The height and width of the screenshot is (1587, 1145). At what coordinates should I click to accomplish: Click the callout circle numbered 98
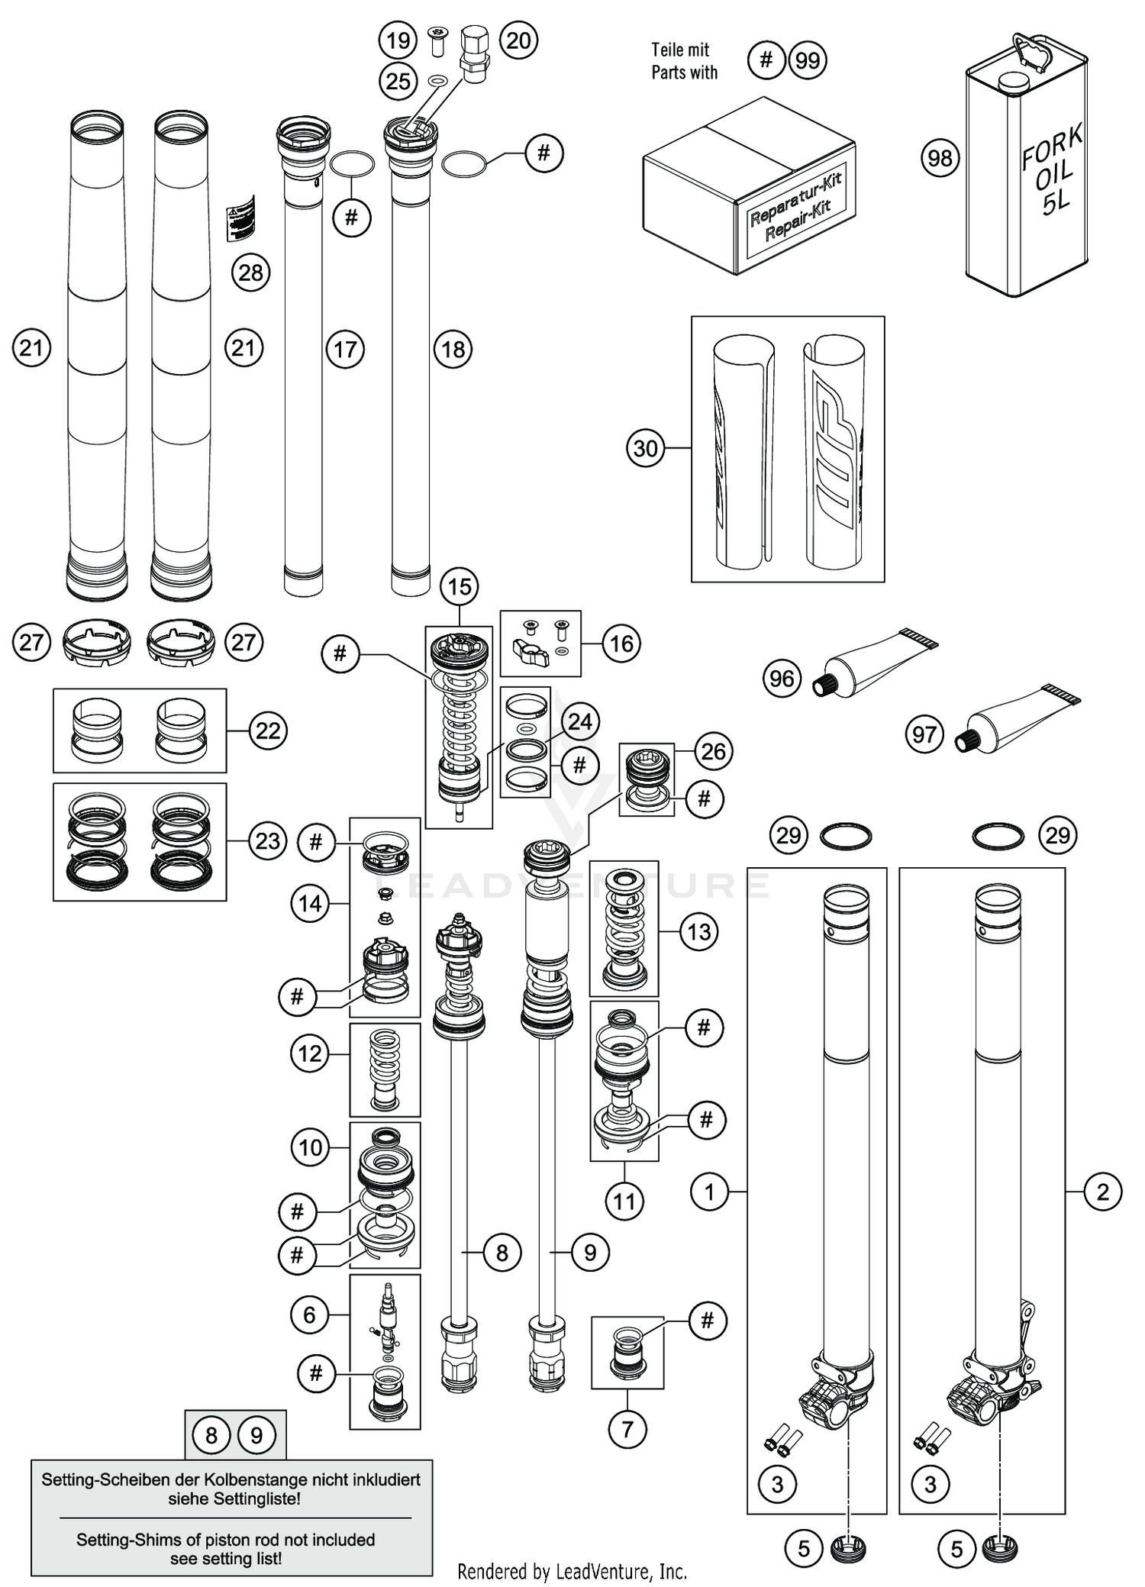coord(940,158)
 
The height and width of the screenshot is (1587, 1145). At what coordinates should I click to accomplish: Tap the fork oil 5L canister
coord(1027,168)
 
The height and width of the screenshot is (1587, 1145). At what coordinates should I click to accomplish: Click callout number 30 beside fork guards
coord(646,448)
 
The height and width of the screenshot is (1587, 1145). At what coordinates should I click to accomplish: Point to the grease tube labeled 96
coord(878,663)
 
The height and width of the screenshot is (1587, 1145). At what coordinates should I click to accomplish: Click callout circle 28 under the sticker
coord(250,273)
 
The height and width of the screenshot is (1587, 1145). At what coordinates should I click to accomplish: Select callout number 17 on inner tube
coord(345,350)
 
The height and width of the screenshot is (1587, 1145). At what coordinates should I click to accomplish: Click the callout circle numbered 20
coord(518,40)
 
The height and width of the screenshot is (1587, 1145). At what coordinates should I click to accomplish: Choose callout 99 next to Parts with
coord(808,60)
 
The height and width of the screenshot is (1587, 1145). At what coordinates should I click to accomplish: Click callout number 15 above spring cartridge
coord(459,587)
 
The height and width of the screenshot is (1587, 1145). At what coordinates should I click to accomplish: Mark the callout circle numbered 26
coord(713,751)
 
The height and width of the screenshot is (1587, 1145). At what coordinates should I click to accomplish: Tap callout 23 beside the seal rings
coord(267,841)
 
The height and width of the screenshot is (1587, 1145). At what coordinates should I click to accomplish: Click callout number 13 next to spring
coord(698,931)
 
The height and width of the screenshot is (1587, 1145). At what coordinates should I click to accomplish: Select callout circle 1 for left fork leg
coord(709,1191)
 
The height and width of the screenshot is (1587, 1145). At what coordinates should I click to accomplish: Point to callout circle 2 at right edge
coord(1102,1191)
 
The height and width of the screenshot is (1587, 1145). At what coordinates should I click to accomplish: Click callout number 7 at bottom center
coord(627,1428)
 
